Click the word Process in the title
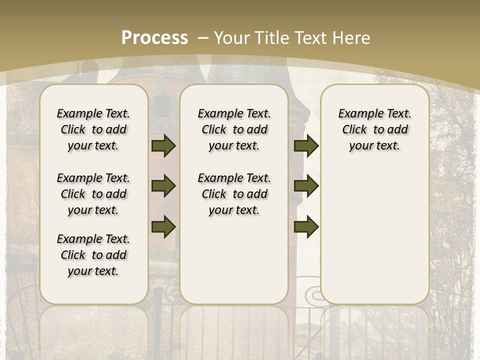click(x=154, y=38)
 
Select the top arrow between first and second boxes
click(x=163, y=146)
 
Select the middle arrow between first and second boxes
click(x=163, y=186)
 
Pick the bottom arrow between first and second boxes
click(x=163, y=226)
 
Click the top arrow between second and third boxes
click(x=306, y=146)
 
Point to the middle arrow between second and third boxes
click(x=306, y=186)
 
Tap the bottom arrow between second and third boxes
click(x=306, y=226)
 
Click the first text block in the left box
click(x=93, y=129)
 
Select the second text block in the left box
click(x=93, y=194)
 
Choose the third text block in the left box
click(x=93, y=255)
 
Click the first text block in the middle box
click(x=234, y=129)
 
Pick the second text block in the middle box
click(x=234, y=194)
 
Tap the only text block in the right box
click(x=374, y=129)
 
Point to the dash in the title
click(x=203, y=38)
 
